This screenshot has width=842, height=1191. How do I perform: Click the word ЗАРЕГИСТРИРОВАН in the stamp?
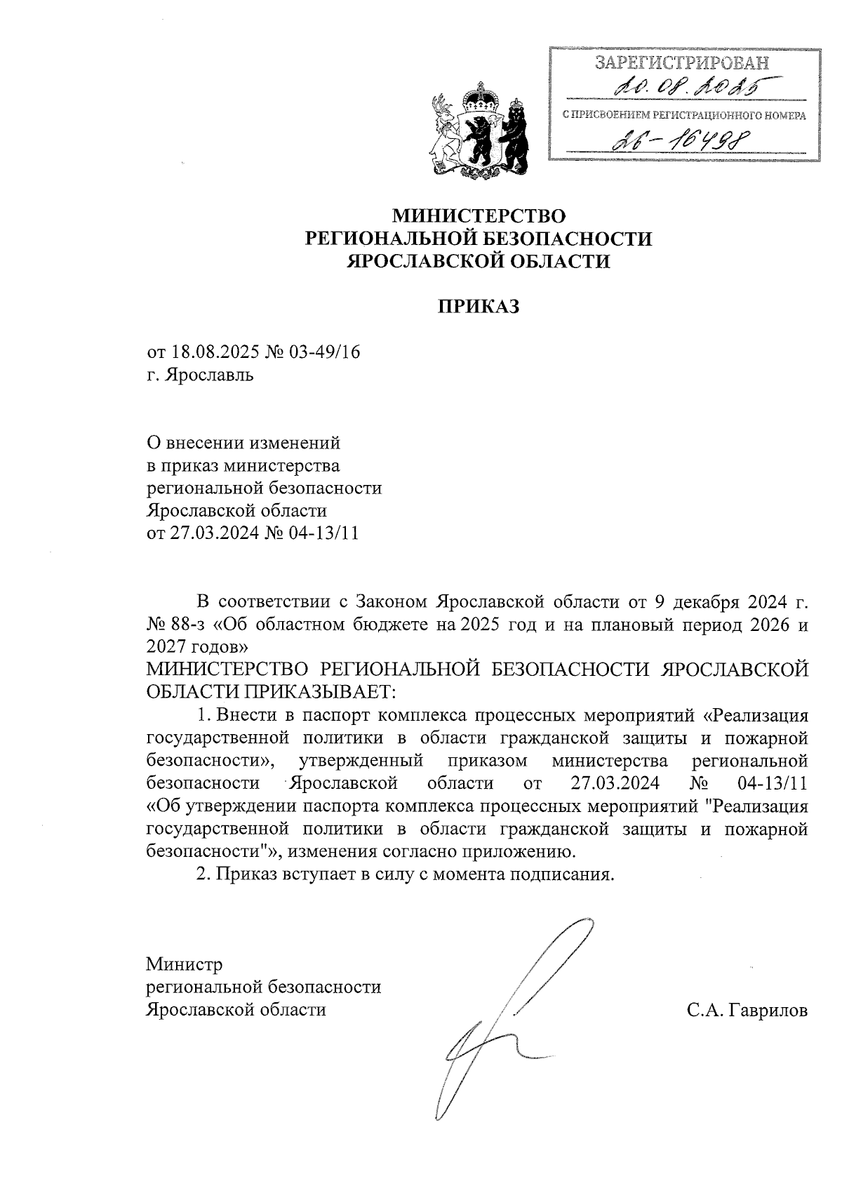click(x=682, y=63)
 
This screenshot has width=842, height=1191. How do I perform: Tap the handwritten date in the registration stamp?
click(x=685, y=88)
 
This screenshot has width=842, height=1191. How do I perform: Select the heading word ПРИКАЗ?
click(x=479, y=307)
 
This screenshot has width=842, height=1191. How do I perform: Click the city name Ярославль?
click(x=209, y=375)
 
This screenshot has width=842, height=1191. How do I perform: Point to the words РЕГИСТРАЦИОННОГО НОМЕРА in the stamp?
click(x=730, y=114)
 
